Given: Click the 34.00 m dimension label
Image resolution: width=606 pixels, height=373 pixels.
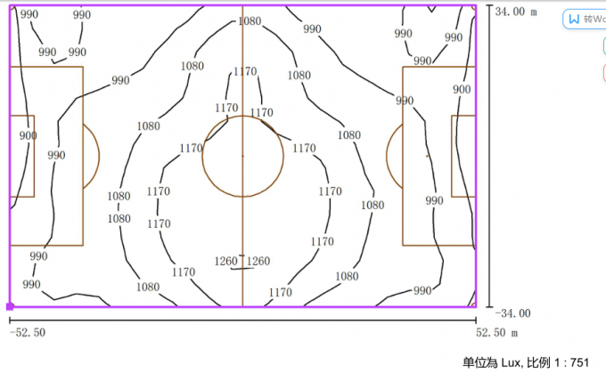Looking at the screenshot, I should click(x=516, y=12).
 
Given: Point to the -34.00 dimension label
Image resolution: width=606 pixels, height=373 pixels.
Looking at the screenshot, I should click(x=516, y=312).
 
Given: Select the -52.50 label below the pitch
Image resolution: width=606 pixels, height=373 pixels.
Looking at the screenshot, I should click(x=28, y=332).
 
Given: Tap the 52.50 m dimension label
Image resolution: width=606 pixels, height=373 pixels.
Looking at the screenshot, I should click(x=495, y=332).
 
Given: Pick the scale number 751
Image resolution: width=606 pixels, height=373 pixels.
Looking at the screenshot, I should click(x=580, y=362).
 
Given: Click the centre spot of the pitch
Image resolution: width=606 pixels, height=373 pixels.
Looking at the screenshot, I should click(x=242, y=156).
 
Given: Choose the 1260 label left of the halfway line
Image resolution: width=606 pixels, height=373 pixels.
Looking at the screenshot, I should click(x=226, y=261).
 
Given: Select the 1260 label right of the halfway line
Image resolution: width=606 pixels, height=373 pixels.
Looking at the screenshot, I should click(x=258, y=261).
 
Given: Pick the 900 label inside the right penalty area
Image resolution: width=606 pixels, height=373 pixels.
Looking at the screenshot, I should click(x=462, y=90).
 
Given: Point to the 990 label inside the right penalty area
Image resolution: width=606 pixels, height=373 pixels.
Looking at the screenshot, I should click(x=434, y=201).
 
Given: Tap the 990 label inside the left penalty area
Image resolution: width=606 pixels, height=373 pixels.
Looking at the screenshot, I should click(x=56, y=155).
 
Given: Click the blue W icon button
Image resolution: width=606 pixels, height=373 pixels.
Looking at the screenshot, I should click(x=574, y=19).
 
